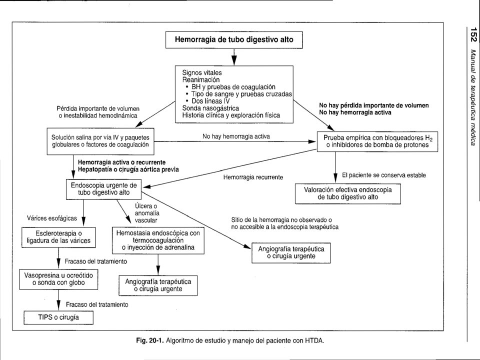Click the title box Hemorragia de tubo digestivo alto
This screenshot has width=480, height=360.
(x=234, y=40)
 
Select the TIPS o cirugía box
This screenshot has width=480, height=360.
(x=58, y=317)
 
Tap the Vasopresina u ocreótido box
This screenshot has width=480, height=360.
(x=58, y=279)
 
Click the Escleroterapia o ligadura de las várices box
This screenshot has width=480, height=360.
(x=58, y=237)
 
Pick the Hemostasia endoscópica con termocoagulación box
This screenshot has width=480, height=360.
(x=158, y=240)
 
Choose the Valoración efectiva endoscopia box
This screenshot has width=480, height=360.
(x=348, y=193)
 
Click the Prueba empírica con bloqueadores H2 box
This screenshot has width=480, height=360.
(x=377, y=141)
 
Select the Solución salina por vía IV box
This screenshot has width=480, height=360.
(x=100, y=141)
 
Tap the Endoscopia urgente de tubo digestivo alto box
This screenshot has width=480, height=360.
(x=104, y=189)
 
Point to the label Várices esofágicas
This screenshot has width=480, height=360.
(x=51, y=218)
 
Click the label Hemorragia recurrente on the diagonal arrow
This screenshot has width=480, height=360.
(x=253, y=177)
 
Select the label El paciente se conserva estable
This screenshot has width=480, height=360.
(x=384, y=175)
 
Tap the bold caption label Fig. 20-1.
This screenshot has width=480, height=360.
(x=150, y=340)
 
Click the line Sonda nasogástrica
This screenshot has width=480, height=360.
(x=210, y=108)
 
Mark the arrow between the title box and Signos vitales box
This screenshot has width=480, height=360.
(x=234, y=57)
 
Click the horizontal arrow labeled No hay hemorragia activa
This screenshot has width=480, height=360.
(x=235, y=141)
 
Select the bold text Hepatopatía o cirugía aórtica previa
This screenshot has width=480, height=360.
(x=128, y=169)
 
